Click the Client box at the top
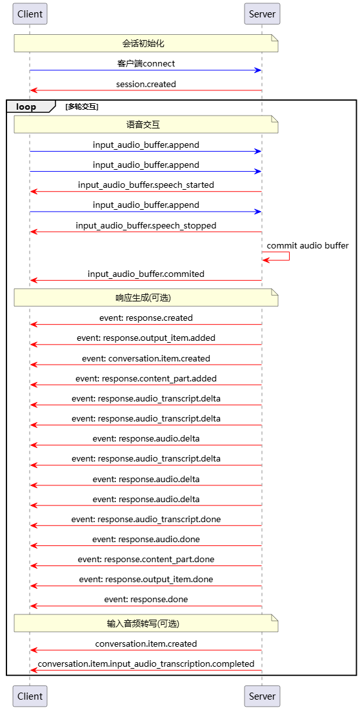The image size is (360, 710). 30,14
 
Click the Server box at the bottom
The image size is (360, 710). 262,696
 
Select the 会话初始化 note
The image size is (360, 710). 146,43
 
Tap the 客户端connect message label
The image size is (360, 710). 146,64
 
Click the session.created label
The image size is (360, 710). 146,84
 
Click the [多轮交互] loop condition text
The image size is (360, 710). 83,107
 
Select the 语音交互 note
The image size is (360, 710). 146,124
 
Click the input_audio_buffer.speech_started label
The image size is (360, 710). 146,185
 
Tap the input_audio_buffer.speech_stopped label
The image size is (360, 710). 146,225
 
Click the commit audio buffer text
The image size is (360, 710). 308,246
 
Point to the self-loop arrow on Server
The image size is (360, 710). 290,256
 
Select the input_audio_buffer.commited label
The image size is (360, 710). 146,274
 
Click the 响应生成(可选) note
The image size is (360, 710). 146,298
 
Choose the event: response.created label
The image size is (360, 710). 146,318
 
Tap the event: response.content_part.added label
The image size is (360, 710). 146,378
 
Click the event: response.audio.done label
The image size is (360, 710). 146,540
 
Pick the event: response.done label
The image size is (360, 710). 146,600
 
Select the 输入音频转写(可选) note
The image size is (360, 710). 146,624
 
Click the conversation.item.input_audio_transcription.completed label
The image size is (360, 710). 146,664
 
